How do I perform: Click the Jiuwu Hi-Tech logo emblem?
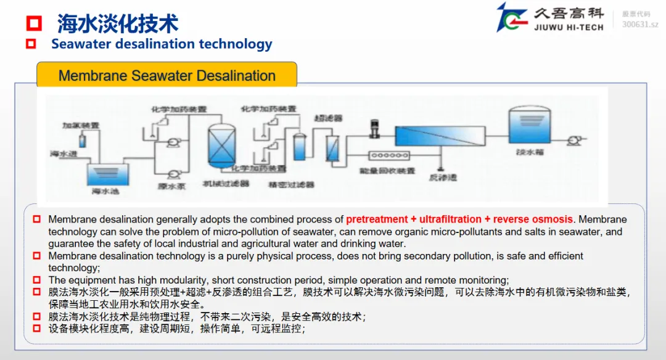click(x=512, y=18)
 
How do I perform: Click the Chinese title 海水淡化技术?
click(x=118, y=23)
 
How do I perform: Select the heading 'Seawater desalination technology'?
click(x=162, y=44)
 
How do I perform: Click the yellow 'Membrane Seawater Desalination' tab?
click(x=166, y=76)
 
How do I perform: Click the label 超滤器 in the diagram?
click(x=328, y=117)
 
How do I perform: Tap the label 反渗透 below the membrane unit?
click(x=443, y=178)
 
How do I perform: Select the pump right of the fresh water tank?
click(x=573, y=141)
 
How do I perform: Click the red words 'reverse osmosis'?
click(x=533, y=219)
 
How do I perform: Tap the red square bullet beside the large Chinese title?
click(x=34, y=23)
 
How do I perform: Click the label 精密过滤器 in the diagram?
click(x=291, y=184)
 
